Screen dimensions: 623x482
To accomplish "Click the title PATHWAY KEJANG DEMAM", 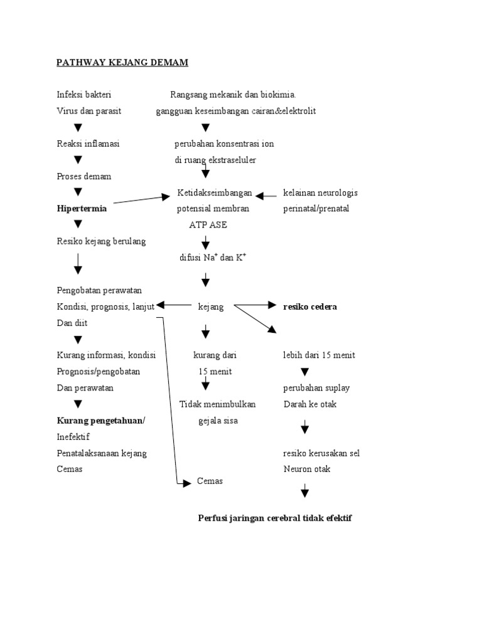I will tap(122, 63).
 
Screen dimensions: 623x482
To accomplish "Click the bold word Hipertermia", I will tap(82, 209).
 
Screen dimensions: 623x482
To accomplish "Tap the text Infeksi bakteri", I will tap(84, 95).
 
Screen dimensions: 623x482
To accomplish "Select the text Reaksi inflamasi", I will tap(88, 144).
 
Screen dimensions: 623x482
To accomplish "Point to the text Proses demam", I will tap(84, 176).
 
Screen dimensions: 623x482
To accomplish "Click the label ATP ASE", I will tap(208, 225).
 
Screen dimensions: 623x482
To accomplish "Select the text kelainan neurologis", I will tap(320, 192).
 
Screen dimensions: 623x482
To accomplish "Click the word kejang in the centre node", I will tap(210, 306).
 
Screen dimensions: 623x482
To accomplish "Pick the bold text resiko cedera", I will tap(310, 306).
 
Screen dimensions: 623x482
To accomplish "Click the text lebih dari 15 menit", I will tap(319, 355).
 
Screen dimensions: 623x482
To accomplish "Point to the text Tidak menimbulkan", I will tap(217, 404).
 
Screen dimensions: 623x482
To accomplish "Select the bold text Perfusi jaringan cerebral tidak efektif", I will tap(275, 518).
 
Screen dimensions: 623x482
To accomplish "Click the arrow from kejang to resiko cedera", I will tap(254, 306).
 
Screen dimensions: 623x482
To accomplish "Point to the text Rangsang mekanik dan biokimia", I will tap(233, 95).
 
